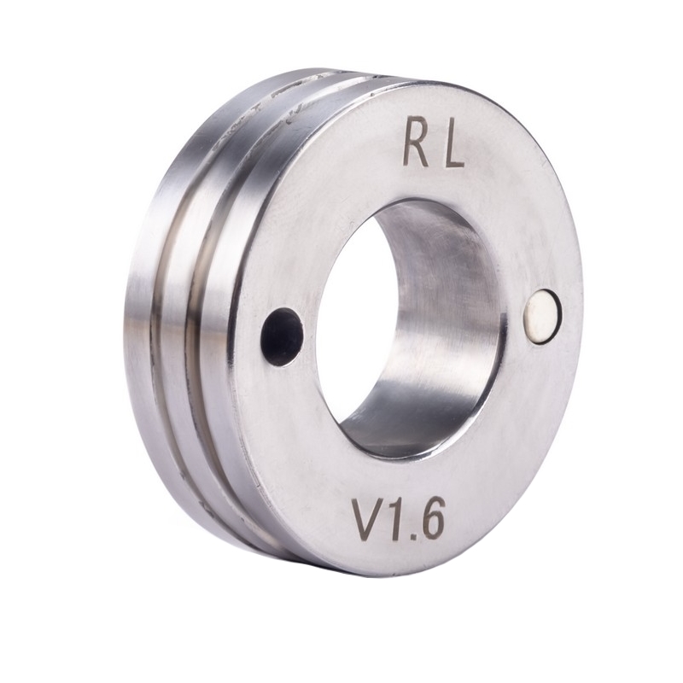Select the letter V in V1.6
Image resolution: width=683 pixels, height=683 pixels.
click(368, 518)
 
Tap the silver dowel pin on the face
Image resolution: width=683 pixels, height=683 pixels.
click(542, 317)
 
